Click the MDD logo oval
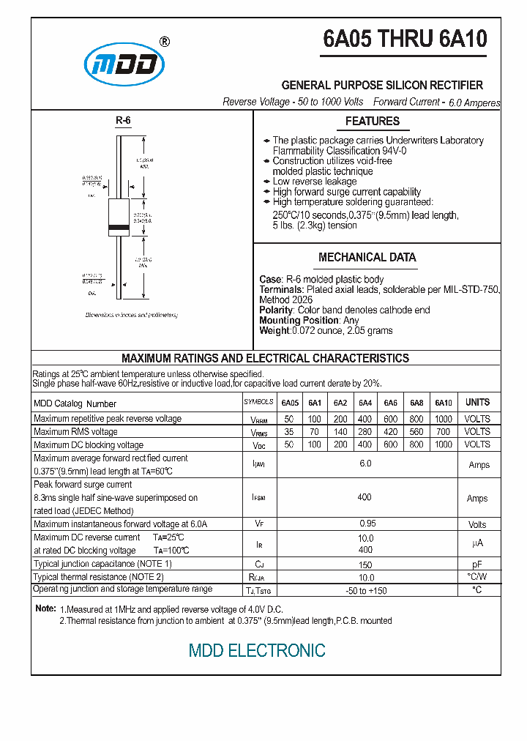point(122,64)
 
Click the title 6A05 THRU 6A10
point(405,40)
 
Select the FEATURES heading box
point(373,122)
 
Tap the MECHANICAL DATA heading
point(367,258)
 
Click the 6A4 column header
point(365,403)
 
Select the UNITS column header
point(477,403)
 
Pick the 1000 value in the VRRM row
point(443,419)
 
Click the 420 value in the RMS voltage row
point(390,432)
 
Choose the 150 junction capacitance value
point(365,565)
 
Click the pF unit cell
point(477,565)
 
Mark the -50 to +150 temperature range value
point(365,590)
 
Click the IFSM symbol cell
point(259,498)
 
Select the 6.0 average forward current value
point(365,464)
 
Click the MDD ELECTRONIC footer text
point(257,650)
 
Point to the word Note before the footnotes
point(45,609)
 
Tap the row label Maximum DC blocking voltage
point(89,445)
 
